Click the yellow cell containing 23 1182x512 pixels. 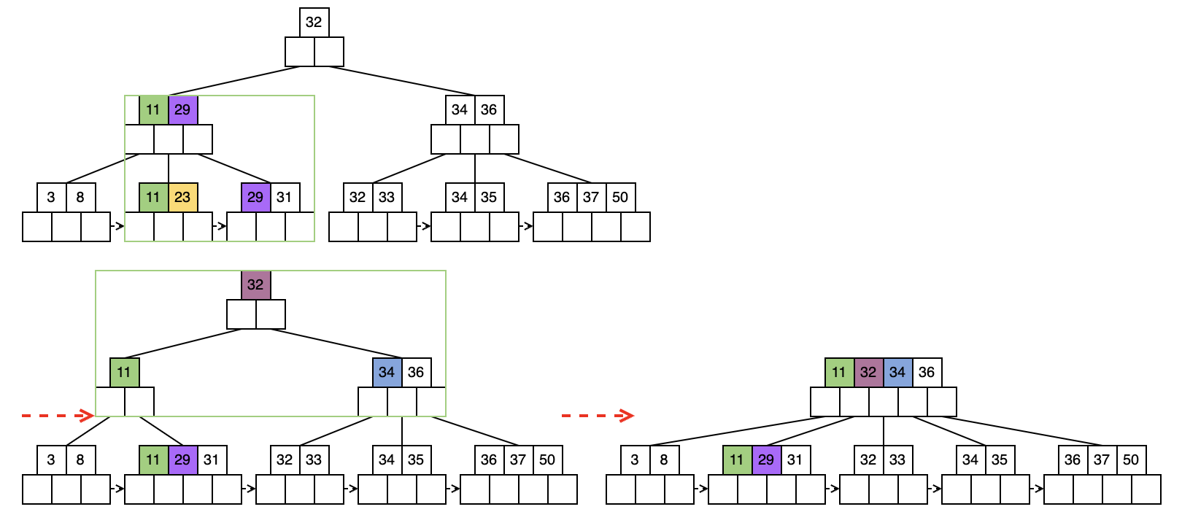[182, 197]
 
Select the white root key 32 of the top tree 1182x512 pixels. [314, 22]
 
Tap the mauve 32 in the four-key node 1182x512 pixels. [868, 372]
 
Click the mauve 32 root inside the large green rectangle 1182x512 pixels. [255, 284]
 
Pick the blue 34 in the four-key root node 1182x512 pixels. [897, 372]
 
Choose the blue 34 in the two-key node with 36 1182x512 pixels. [387, 372]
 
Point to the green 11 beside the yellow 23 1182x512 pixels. [153, 197]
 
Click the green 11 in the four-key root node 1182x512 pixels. [839, 372]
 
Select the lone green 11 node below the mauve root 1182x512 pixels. [124, 372]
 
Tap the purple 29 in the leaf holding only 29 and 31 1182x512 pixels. [255, 197]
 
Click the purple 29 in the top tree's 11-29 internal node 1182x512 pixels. [182, 109]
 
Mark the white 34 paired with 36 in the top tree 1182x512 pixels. [460, 109]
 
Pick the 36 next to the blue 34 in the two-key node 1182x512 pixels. [416, 372]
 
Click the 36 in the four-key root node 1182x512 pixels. [927, 372]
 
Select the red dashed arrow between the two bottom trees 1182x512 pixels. [597, 416]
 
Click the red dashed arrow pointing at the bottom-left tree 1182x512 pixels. [57, 416]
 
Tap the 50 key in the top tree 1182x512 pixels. [620, 197]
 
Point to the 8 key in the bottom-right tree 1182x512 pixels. [664, 459]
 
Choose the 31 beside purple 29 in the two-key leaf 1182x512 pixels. [285, 197]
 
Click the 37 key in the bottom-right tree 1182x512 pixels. [1102, 459]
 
